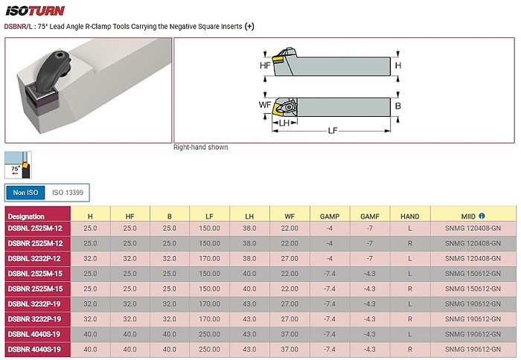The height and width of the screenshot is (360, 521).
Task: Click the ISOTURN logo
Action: click(35, 11)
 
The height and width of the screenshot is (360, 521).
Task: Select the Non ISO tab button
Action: click(25, 193)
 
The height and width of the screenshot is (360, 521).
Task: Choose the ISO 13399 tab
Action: click(68, 193)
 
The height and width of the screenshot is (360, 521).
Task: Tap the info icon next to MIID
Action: click(482, 216)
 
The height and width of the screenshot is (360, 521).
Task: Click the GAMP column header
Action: click(330, 216)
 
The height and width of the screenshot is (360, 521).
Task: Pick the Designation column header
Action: click(26, 216)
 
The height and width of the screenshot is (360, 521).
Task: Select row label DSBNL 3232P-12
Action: click(35, 258)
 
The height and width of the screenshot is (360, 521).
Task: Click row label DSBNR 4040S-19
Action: click(34, 350)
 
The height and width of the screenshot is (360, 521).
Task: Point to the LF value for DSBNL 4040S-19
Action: click(209, 334)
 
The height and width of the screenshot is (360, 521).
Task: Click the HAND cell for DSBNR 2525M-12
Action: click(409, 243)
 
